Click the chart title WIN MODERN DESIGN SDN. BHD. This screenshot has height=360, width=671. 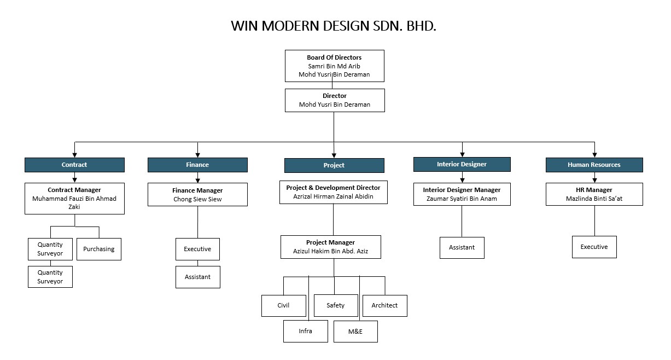point(334,26)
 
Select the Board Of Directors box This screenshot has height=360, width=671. point(334,66)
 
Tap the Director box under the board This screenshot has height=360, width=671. point(334,100)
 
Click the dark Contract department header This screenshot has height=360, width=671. point(74,165)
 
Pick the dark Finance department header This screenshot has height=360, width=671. point(197,165)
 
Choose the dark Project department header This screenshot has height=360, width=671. point(334,165)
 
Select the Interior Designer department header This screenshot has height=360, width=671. point(462,164)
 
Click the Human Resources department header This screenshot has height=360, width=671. point(594,165)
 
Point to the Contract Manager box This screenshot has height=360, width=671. point(74,198)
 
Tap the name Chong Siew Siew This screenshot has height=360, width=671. point(197,200)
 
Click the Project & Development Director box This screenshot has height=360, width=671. point(333,192)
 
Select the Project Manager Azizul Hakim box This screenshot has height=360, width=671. point(330,247)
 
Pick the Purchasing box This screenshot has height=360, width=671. point(99,249)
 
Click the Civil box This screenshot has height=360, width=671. point(283,305)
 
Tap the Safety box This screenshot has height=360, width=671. point(336,305)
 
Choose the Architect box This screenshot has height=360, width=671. point(384,305)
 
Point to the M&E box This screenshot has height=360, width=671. point(355,332)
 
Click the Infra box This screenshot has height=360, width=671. point(305,331)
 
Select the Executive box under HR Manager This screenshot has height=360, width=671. point(594,247)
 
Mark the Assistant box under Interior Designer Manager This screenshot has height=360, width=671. point(462,247)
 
